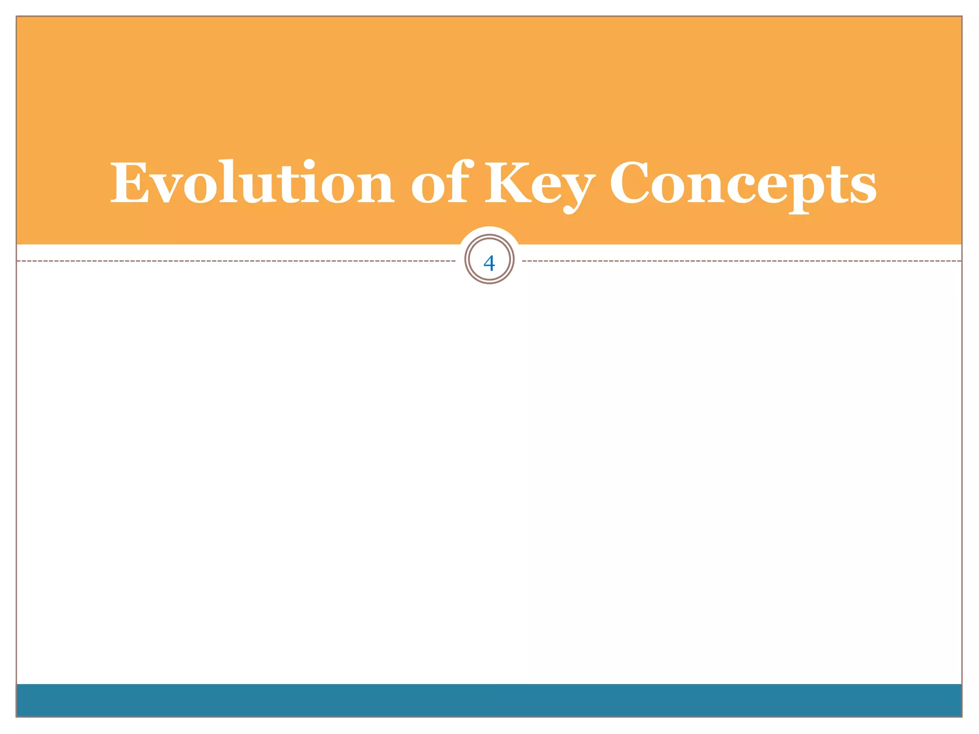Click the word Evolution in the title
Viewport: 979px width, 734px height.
252,183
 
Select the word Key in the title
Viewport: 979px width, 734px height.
540,184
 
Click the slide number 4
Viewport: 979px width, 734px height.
489,263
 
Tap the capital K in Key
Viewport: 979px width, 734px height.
510,183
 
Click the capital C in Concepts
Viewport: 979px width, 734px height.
632,183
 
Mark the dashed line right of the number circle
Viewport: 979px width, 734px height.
741,261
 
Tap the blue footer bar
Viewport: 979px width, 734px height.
489,700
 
